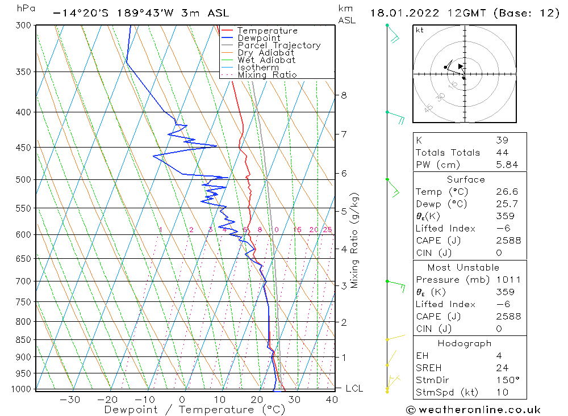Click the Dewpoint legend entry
pos(258,38)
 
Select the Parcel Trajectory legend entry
pos(279,45)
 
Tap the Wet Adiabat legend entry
pos(266,60)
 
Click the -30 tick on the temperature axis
pos(70,400)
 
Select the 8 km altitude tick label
pos(344,95)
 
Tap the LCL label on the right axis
pos(354,389)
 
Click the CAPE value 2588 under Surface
pos(507,241)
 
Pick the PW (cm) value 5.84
pos(507,165)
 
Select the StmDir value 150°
pos(506,380)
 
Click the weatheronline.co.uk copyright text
pos(473,410)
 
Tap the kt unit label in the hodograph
pos(420,30)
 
